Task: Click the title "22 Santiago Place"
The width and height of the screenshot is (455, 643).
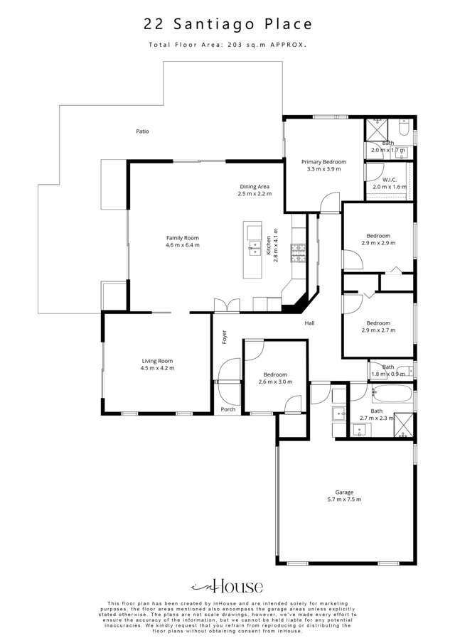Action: click(227, 24)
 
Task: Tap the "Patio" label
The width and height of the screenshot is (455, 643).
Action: click(143, 131)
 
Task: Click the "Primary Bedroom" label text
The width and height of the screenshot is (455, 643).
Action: click(323, 161)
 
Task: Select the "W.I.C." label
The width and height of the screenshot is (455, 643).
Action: click(389, 180)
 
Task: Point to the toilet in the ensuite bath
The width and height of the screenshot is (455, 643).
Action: click(403, 129)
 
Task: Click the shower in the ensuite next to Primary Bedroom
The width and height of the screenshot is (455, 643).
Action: click(375, 131)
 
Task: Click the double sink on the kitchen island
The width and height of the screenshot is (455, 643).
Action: click(253, 248)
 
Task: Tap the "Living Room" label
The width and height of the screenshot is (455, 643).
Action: click(158, 361)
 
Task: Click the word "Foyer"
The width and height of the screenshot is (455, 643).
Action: click(224, 336)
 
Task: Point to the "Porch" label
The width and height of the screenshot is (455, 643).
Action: click(227, 409)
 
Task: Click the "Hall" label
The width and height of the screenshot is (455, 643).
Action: click(309, 324)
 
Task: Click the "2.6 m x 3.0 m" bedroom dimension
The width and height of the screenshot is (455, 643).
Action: click(275, 382)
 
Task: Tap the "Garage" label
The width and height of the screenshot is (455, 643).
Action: click(344, 492)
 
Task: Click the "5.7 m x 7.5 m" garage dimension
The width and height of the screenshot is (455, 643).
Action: click(344, 500)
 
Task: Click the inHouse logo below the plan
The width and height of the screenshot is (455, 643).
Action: click(227, 586)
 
